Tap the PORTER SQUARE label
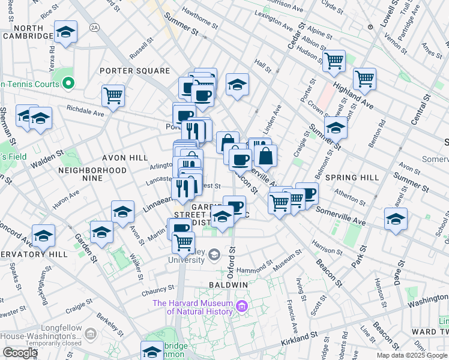point(135,71)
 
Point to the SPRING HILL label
point(349,178)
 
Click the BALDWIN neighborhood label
point(229,284)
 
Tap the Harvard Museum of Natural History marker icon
point(243,307)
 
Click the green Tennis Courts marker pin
point(68,83)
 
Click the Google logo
point(20,353)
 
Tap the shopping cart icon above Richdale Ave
point(113,95)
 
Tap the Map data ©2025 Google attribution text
point(411,355)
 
